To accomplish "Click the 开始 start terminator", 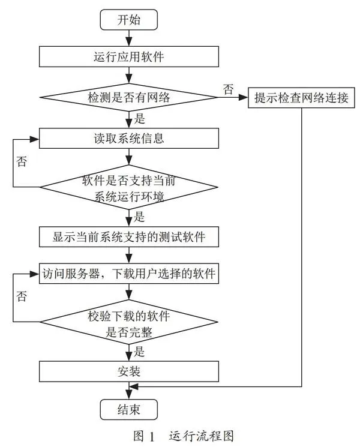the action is pyautogui.click(x=128, y=20).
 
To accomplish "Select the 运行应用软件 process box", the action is pyautogui.click(x=129, y=56).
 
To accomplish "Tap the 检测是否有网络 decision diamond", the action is pyautogui.click(x=129, y=97).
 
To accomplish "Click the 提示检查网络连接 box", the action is pyautogui.click(x=301, y=97).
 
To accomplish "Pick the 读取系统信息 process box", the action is pyautogui.click(x=129, y=138).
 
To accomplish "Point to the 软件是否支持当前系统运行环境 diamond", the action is pyautogui.click(x=129, y=187).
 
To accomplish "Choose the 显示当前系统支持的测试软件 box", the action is pyautogui.click(x=129, y=236).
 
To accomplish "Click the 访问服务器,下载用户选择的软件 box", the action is pyautogui.click(x=129, y=274).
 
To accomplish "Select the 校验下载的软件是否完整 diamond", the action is pyautogui.click(x=129, y=322).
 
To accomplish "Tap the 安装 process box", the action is pyautogui.click(x=129, y=371).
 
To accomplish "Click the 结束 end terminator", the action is pyautogui.click(x=128, y=409).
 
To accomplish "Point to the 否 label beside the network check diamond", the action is pyautogui.click(x=229, y=89).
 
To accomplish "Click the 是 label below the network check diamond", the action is pyautogui.click(x=139, y=119).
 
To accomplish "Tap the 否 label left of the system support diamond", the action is pyautogui.click(x=22, y=161).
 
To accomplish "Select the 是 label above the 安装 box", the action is pyautogui.click(x=139, y=352).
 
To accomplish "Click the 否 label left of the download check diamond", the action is pyautogui.click(x=22, y=296).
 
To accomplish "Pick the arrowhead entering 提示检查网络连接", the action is pyautogui.click(x=243, y=97).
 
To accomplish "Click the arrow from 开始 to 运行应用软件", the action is pyautogui.click(x=129, y=38).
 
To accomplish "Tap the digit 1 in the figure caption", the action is pyautogui.click(x=151, y=436).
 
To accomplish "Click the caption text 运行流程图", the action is pyautogui.click(x=202, y=436).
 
